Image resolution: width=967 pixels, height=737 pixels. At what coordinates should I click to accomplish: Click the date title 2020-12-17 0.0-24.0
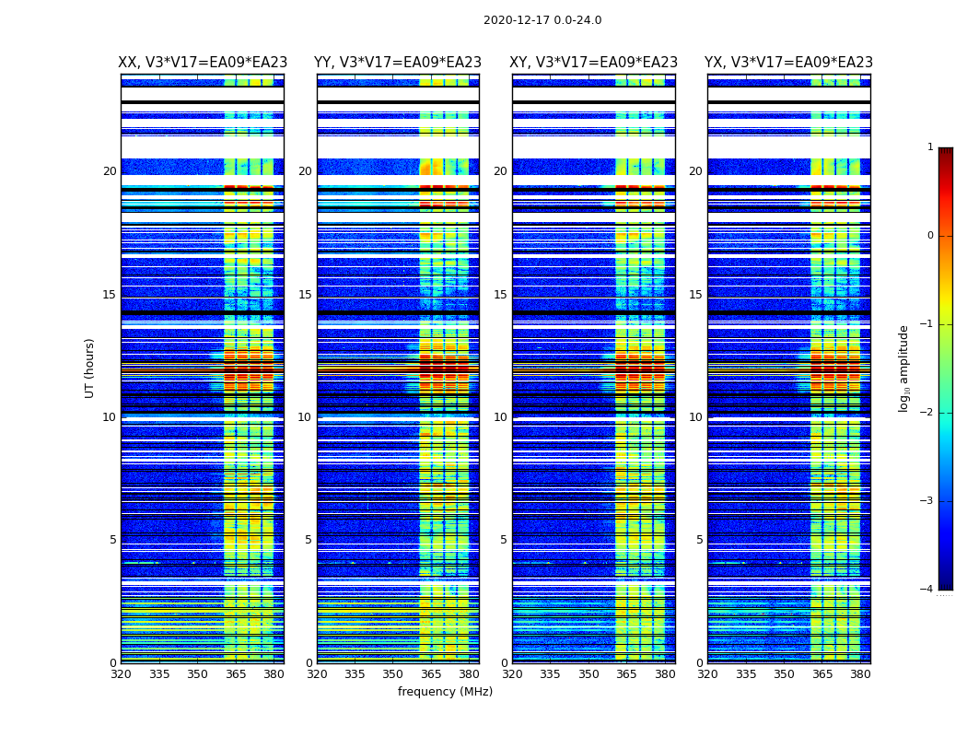click(x=542, y=20)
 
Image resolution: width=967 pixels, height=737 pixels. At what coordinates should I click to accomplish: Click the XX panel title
click(x=203, y=63)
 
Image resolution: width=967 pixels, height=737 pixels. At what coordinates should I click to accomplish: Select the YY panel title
click(x=398, y=63)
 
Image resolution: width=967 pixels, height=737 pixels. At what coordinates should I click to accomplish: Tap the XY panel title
click(x=594, y=63)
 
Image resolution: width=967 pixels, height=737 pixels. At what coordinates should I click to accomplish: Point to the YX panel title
click(x=789, y=63)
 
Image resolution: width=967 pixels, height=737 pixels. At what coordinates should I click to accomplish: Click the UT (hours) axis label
click(x=89, y=368)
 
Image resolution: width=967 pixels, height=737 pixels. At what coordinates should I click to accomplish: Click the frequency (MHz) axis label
click(x=445, y=692)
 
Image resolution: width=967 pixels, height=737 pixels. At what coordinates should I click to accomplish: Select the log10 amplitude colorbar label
click(x=904, y=368)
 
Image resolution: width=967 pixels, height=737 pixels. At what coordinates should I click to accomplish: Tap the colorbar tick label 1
click(x=929, y=147)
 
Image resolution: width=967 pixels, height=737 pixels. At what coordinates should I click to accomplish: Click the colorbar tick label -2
click(x=928, y=413)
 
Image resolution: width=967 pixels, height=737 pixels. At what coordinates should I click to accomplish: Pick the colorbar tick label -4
click(x=928, y=590)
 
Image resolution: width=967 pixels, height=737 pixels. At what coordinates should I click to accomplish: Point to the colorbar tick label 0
click(x=929, y=236)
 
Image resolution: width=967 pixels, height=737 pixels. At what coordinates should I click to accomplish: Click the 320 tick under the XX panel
click(x=121, y=674)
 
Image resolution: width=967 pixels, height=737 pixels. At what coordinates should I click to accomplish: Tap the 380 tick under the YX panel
click(x=860, y=674)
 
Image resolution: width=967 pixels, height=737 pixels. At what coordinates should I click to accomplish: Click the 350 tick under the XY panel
click(x=588, y=674)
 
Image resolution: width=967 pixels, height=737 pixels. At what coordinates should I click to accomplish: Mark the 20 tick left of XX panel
click(x=110, y=171)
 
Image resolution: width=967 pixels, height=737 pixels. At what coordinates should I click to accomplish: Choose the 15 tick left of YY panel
click(x=305, y=295)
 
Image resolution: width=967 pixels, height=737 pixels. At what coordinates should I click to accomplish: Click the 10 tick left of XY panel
click(x=500, y=417)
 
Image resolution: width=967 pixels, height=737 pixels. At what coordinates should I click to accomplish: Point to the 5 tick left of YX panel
click(x=699, y=540)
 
